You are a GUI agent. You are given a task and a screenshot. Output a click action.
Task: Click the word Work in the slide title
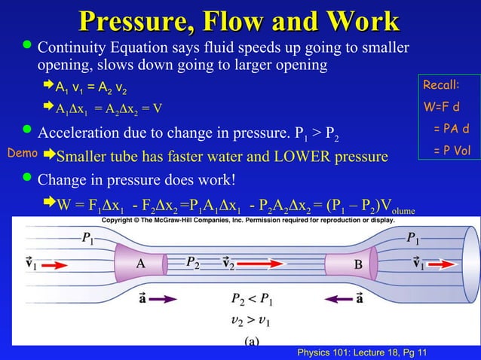tap(354, 20)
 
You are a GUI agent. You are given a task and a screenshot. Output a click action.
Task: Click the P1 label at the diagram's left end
tap(88, 239)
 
